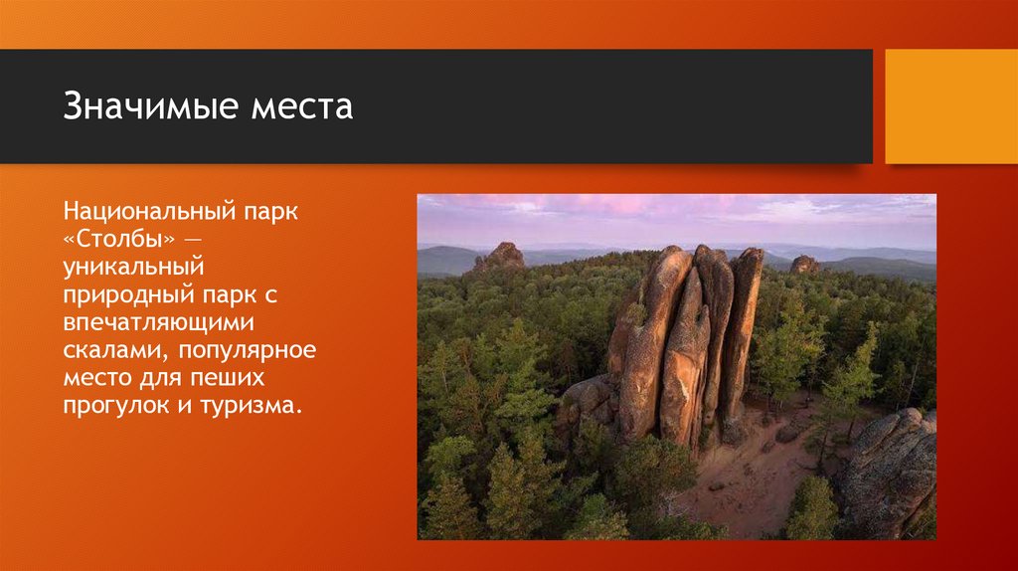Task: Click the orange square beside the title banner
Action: [x=950, y=106]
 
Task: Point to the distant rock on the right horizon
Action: [x=804, y=265]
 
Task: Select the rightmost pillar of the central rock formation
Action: [x=741, y=328]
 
